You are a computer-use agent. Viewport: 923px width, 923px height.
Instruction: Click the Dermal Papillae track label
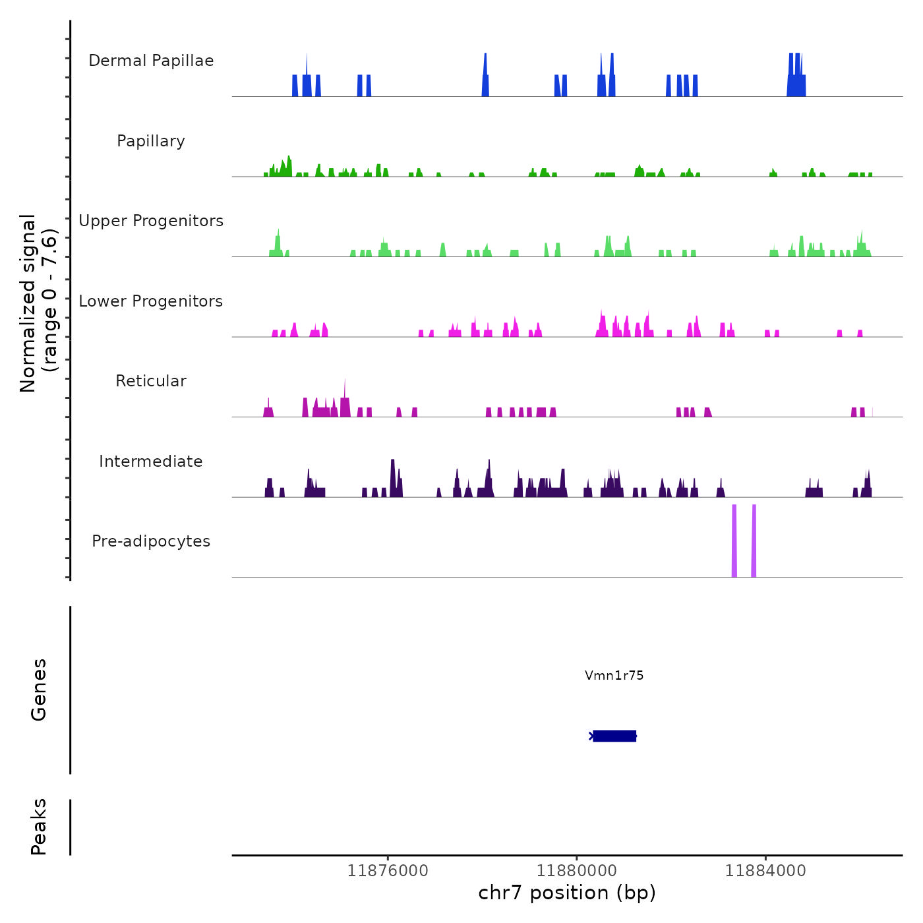tap(151, 61)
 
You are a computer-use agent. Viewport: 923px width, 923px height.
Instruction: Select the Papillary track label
tap(151, 141)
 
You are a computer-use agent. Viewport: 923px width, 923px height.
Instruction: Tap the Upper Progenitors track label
tap(151, 221)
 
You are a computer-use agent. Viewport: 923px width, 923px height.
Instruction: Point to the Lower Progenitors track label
tap(151, 301)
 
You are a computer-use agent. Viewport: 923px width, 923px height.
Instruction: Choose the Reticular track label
tap(151, 381)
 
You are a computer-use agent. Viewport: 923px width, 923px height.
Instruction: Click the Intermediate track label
tap(151, 461)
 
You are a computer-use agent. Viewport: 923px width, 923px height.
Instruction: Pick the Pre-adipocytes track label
tap(151, 541)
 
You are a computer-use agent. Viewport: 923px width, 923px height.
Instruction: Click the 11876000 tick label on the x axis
tap(388, 871)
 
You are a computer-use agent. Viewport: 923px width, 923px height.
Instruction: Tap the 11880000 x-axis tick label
tap(577, 871)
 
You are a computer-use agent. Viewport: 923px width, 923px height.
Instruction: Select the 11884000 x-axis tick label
tap(765, 871)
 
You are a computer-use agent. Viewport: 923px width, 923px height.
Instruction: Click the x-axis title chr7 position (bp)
tap(567, 893)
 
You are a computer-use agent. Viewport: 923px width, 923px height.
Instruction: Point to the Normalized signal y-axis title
tap(38, 303)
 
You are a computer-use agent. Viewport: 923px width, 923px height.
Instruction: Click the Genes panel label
tap(39, 690)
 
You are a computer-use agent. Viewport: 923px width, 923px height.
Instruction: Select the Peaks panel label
tap(39, 827)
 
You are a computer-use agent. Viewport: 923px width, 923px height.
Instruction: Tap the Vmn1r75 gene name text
tap(614, 676)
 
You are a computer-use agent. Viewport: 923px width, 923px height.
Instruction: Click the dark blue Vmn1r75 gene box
tap(614, 736)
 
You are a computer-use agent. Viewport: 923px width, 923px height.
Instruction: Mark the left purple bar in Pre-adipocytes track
tap(734, 541)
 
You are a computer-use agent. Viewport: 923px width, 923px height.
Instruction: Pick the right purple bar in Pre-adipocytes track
tap(754, 541)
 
